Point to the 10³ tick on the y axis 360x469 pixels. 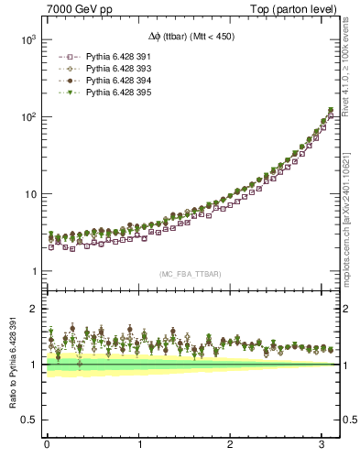[24, 40]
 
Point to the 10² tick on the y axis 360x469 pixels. [24, 117]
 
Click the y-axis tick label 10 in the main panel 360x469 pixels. [27, 194]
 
